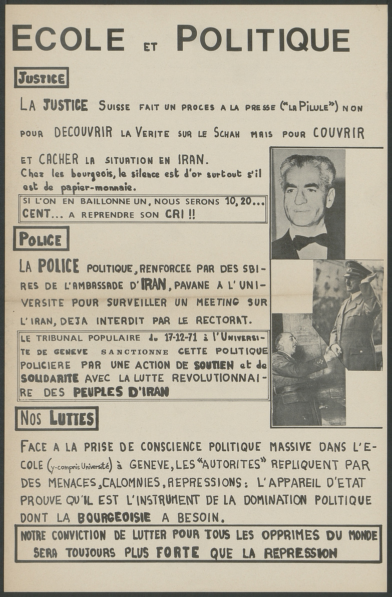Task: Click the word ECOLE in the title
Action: tap(68, 39)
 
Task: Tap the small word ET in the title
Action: tap(150, 47)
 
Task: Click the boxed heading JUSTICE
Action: tap(41, 78)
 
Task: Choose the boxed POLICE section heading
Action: tap(41, 239)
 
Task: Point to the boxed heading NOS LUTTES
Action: tap(56, 418)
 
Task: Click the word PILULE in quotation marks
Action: tap(316, 107)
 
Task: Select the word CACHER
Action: tap(59, 160)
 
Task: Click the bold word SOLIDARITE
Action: tap(50, 378)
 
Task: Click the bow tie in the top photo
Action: tap(310, 241)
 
